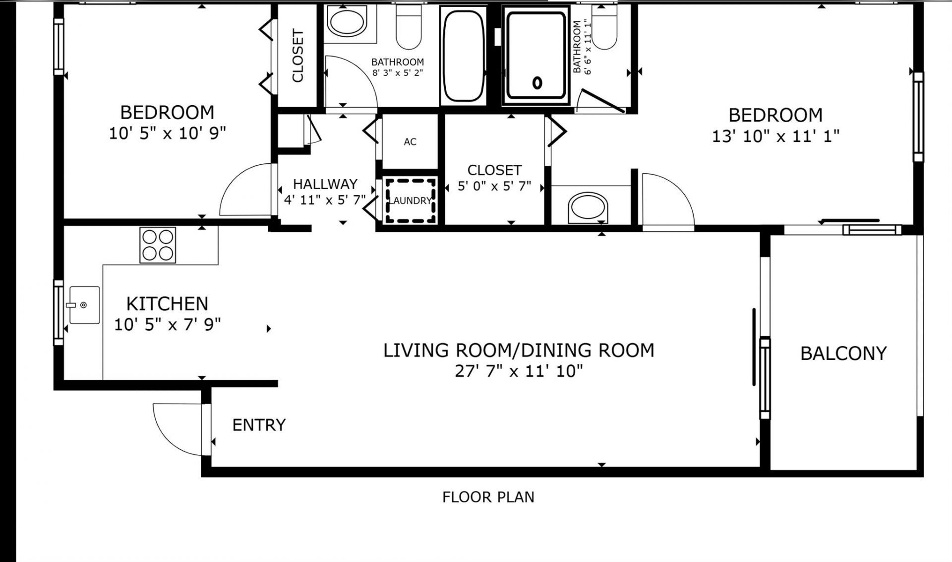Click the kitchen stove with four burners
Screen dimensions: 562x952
coord(158,245)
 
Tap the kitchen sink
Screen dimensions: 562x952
coord(84,305)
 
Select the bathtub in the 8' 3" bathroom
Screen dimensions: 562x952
coord(463,56)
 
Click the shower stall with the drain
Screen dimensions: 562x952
coord(535,56)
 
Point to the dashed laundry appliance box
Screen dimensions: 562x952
coord(411,201)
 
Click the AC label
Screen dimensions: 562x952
coord(410,142)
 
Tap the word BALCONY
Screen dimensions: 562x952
coord(843,353)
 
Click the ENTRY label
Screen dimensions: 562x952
coord(259,425)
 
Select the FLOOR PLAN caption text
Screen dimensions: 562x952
coord(488,497)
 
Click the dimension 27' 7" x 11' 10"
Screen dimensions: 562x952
coord(518,371)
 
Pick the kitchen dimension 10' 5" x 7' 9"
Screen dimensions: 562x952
coord(167,325)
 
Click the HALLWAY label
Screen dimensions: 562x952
coord(325,184)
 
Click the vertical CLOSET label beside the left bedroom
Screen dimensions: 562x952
coord(297,56)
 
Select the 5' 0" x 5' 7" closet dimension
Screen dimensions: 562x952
coord(494,186)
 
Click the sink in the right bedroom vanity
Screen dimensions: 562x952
coord(588,207)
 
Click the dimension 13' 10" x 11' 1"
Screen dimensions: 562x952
coord(775,136)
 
